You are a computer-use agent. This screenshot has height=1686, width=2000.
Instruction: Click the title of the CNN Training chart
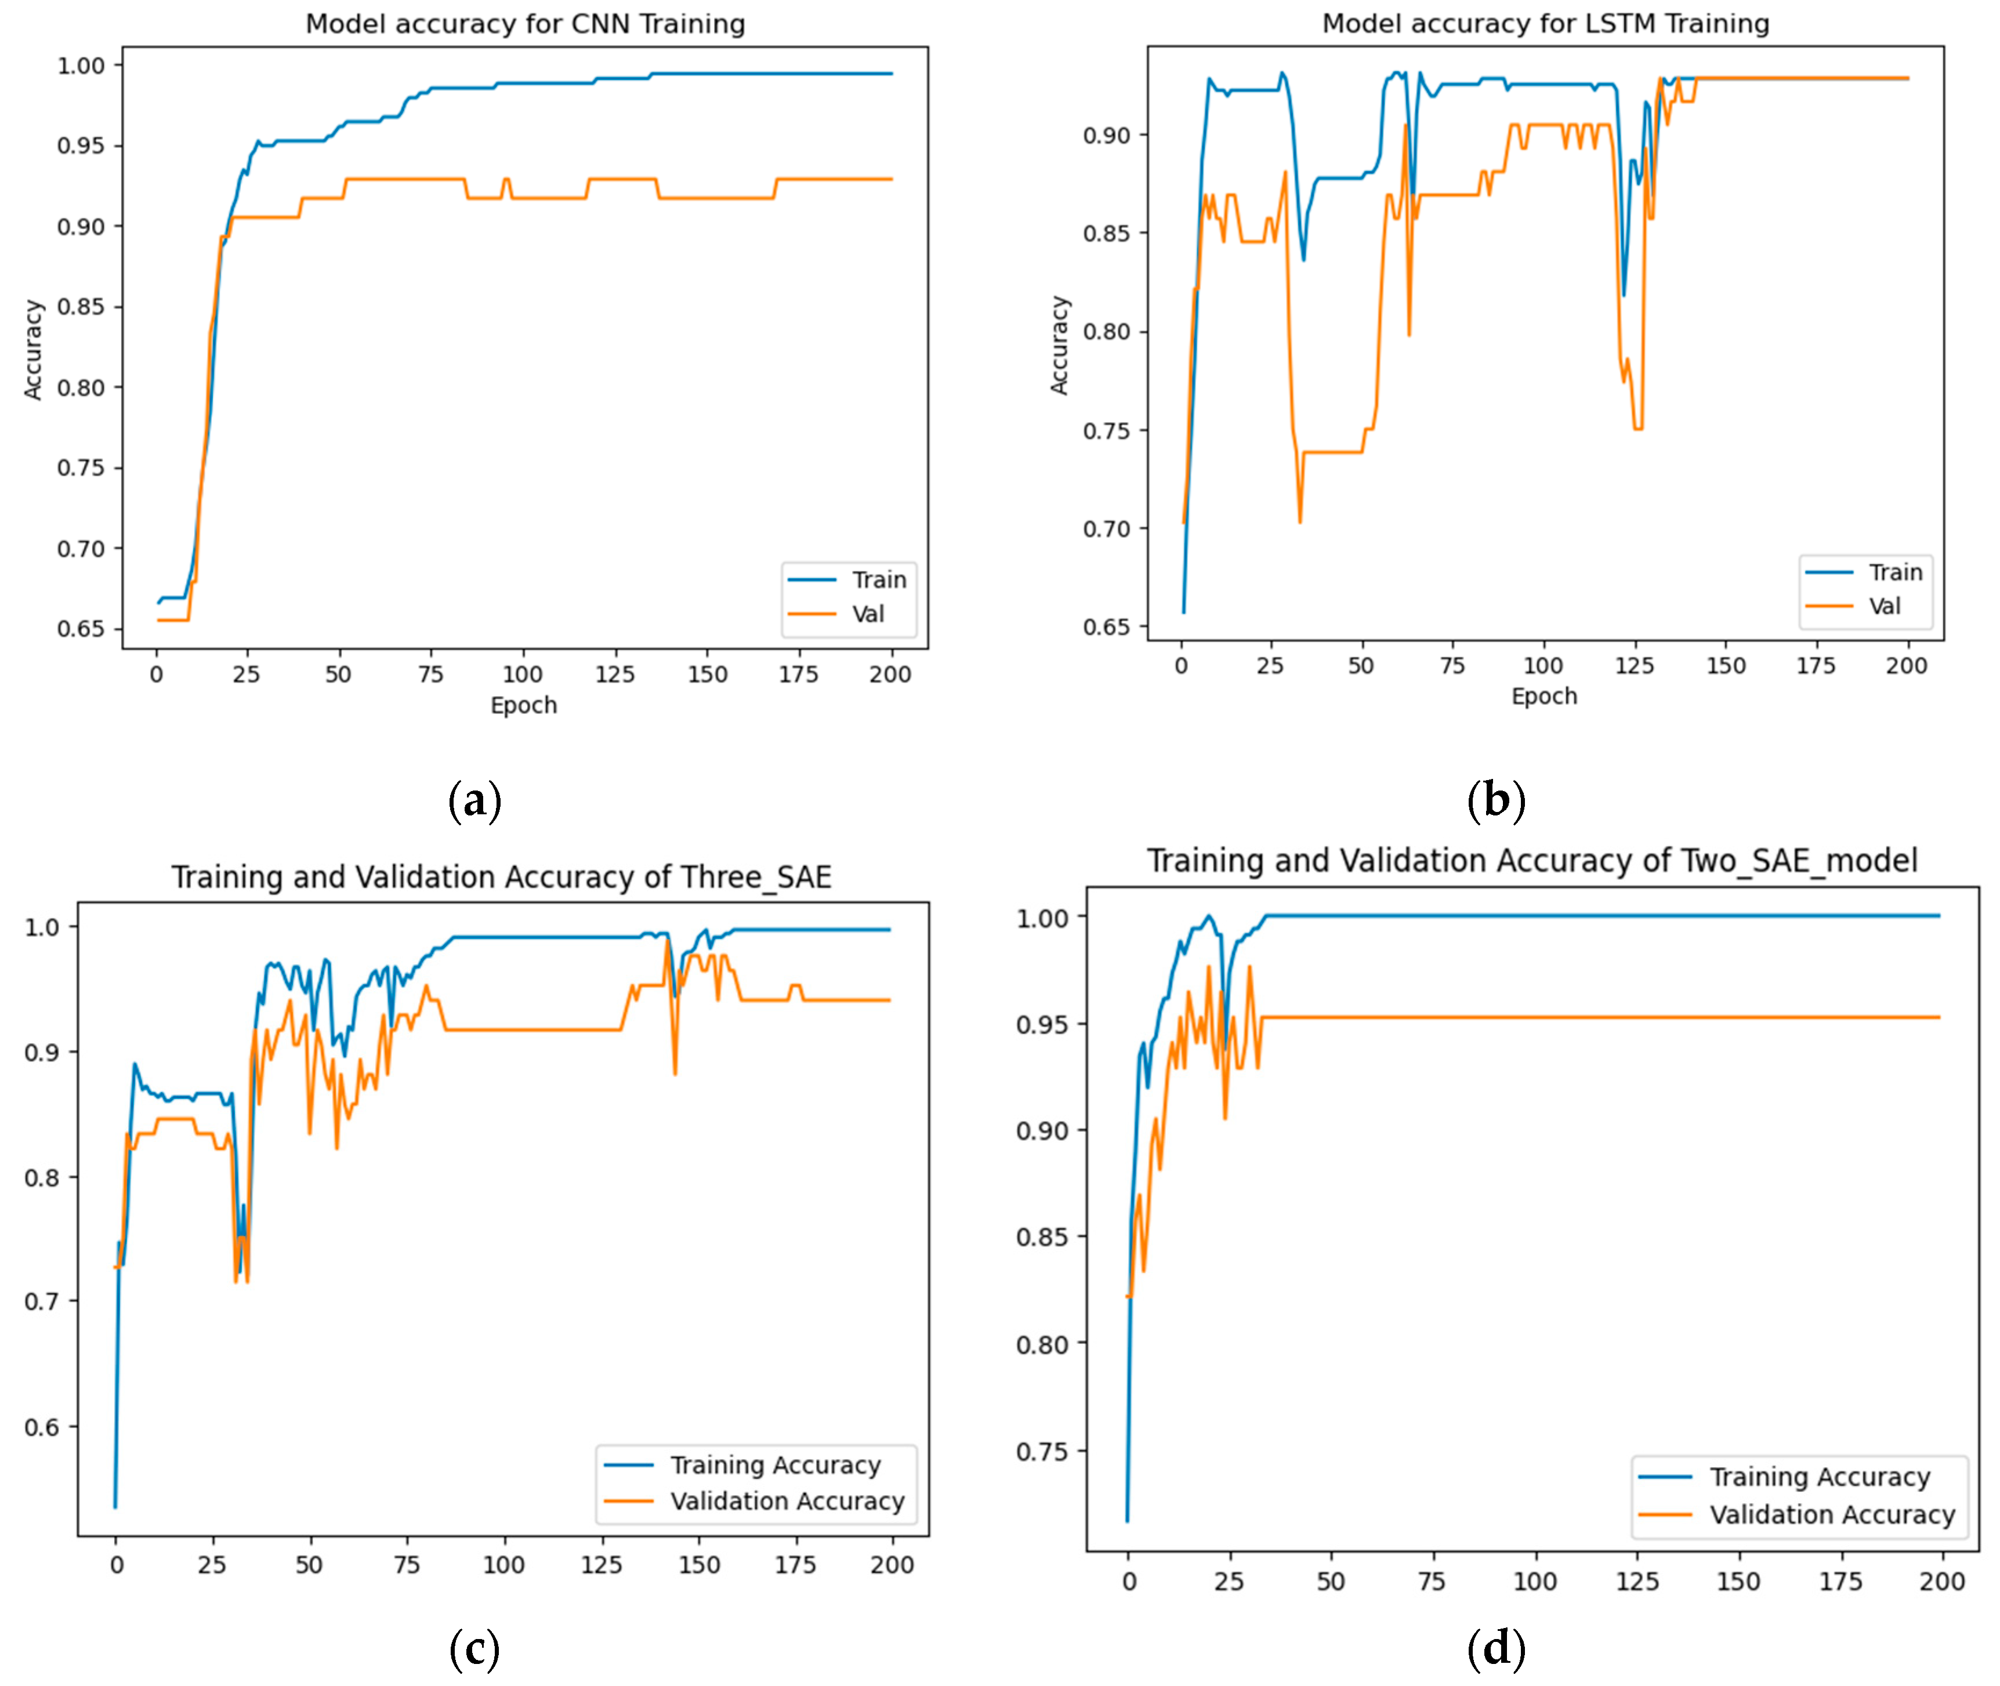tap(525, 24)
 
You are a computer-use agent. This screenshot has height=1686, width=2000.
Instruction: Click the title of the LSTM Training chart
tap(1545, 23)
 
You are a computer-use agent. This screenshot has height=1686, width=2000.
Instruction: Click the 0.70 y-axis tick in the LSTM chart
tap(1106, 528)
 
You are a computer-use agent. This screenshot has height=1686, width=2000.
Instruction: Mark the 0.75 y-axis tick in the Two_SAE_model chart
tap(1042, 1452)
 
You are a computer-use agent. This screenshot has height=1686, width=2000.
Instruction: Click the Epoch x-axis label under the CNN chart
tap(523, 705)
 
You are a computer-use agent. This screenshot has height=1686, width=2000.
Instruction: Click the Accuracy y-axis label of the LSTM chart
tap(1059, 345)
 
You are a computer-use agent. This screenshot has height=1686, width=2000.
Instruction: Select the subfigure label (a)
tap(474, 800)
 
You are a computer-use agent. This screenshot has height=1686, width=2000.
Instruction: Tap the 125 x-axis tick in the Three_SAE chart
tap(602, 1565)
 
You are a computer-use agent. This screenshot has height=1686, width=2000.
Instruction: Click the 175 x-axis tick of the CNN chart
tap(798, 675)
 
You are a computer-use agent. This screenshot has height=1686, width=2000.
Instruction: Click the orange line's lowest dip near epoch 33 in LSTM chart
tap(1299, 521)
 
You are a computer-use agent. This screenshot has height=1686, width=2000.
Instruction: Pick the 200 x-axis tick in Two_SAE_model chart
tap(1941, 1581)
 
